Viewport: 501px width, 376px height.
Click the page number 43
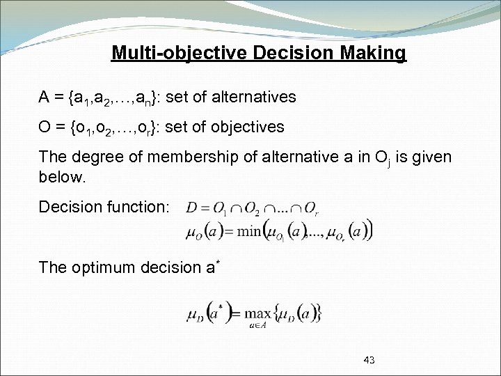pos(369,360)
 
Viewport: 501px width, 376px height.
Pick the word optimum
pos(105,267)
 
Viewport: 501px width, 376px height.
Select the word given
pos(431,157)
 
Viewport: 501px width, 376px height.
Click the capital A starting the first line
pos(44,96)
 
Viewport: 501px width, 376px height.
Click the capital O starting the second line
pos(45,127)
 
